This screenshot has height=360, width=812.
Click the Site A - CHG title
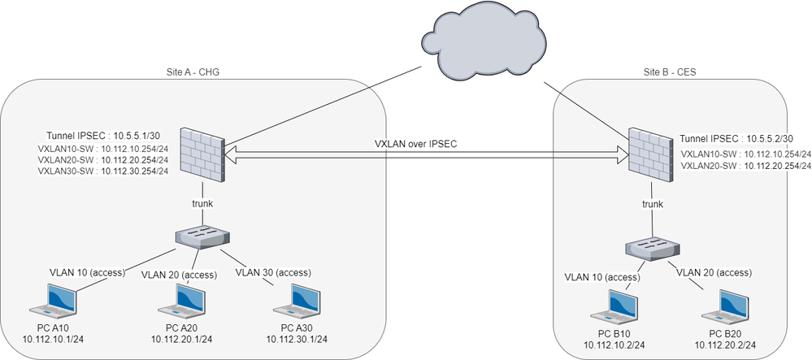(x=193, y=72)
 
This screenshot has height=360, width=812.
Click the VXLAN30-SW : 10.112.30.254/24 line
(x=103, y=171)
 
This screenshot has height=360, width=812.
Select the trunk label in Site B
(x=654, y=205)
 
